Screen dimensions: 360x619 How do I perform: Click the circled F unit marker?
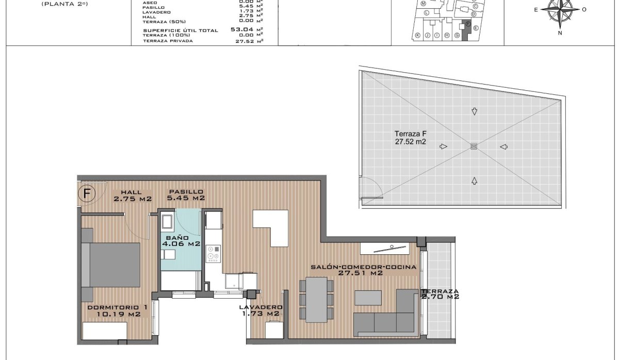coord(87,194)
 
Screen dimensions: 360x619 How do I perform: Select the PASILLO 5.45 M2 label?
coord(187,194)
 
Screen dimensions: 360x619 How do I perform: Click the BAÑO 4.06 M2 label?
coord(181,241)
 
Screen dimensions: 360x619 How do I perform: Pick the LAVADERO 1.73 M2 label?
coord(260,310)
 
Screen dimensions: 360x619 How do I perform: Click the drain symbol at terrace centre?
coord(474,146)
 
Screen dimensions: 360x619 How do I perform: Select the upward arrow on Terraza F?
coord(474,180)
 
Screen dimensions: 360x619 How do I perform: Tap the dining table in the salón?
coord(316,300)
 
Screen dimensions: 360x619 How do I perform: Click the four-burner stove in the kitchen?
coord(213,254)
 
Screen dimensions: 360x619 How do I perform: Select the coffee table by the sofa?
coord(369,298)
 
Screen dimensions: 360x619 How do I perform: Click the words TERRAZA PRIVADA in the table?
coord(168,41)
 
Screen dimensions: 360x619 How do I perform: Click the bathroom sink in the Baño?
coord(168,255)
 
